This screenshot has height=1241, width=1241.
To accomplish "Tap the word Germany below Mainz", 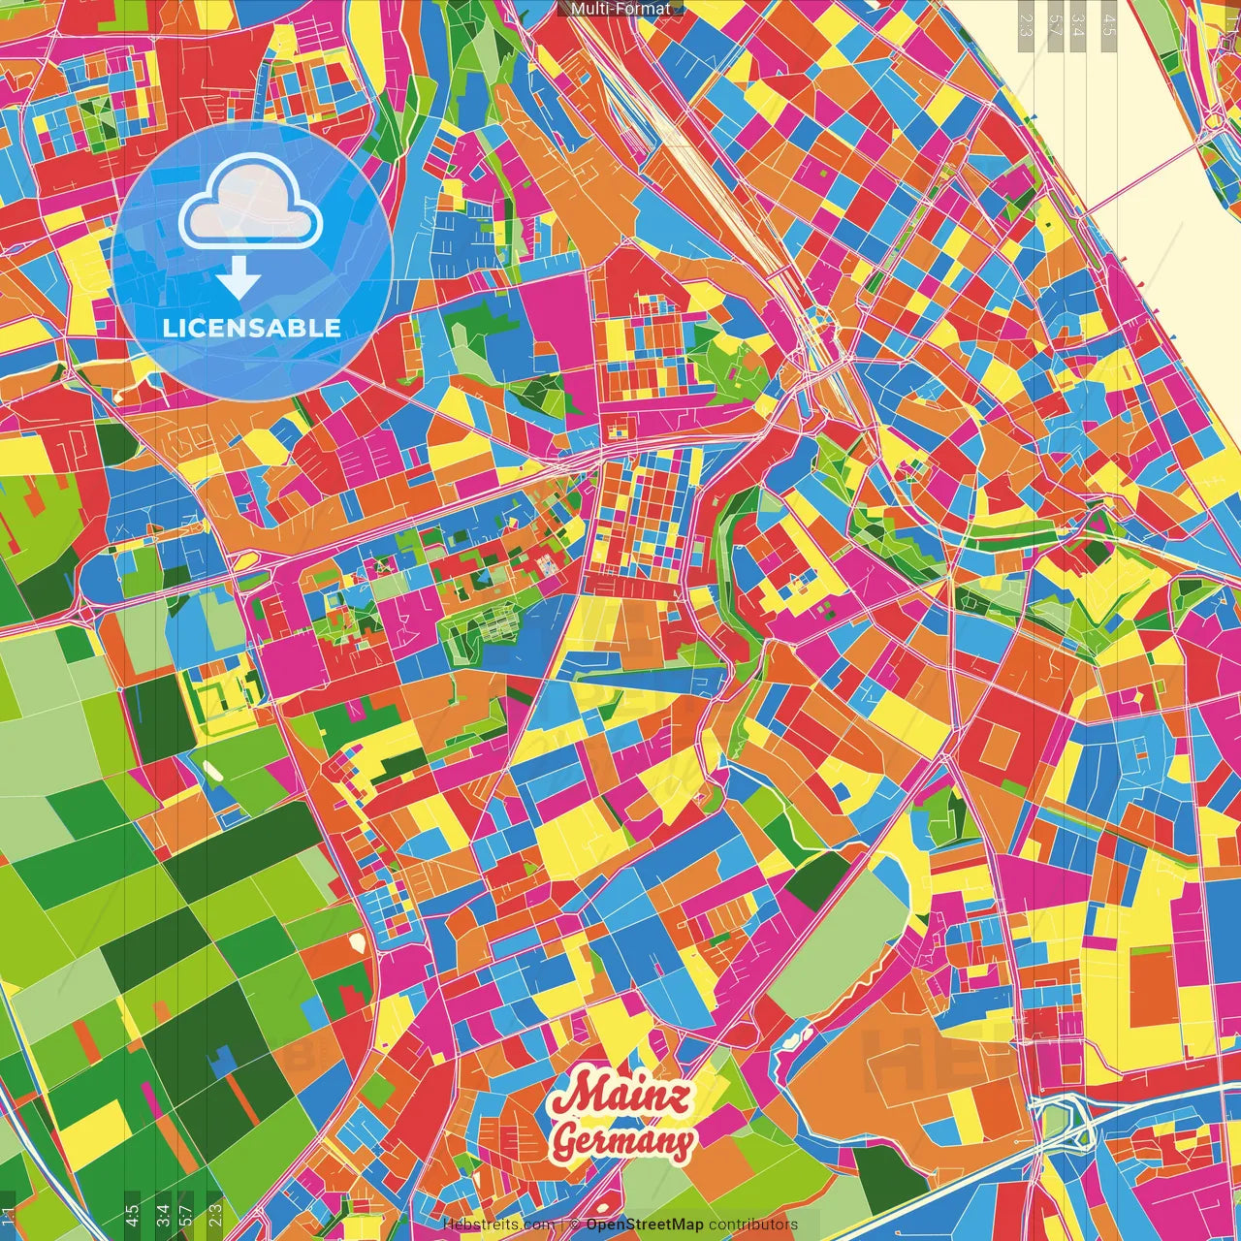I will click(623, 1141).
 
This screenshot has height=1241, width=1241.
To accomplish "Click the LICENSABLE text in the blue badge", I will click(252, 328).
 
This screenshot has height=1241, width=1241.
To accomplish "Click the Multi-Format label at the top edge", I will click(620, 9).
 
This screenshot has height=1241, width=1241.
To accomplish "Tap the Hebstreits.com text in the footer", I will click(498, 1225).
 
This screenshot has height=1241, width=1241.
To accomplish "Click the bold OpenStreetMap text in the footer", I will click(645, 1225).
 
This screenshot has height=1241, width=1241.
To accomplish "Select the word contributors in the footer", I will click(753, 1225).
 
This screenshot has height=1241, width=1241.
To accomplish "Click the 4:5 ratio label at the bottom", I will click(132, 1216).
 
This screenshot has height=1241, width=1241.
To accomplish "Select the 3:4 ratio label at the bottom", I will click(161, 1216).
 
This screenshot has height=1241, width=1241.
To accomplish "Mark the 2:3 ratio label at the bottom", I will click(214, 1216).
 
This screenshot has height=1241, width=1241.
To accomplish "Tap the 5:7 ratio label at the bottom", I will click(186, 1216).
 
